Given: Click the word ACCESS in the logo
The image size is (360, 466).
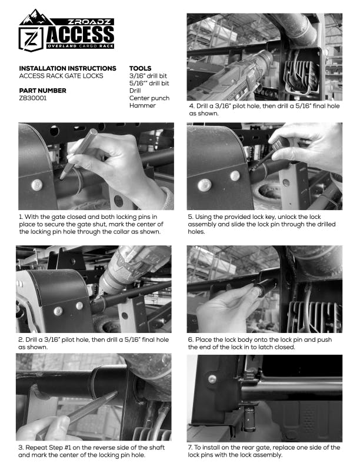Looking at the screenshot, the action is tap(80, 35).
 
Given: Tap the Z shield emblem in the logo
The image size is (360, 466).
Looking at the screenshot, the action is tap(31, 39).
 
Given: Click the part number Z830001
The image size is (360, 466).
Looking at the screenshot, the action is tap(33, 98).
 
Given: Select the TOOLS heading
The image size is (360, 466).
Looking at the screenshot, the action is tap(140, 68).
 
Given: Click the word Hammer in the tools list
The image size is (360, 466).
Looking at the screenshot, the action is tap(142, 105).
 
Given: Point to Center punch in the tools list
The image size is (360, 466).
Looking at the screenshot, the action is tap(149, 98).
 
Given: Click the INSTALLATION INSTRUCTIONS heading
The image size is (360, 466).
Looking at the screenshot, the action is tap(68, 68).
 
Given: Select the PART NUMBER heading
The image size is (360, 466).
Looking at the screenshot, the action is tap(42, 91).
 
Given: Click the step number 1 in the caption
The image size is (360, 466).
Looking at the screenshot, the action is tap(21, 217).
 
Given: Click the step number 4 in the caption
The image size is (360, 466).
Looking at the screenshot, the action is tap(192, 106).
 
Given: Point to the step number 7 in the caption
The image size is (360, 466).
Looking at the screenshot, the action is tap(190, 447).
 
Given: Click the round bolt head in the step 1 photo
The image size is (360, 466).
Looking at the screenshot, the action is tap(37, 185).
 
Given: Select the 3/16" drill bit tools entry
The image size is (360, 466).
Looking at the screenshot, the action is tap(148, 76).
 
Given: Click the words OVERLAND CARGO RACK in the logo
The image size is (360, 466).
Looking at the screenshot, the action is tap(80, 46).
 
